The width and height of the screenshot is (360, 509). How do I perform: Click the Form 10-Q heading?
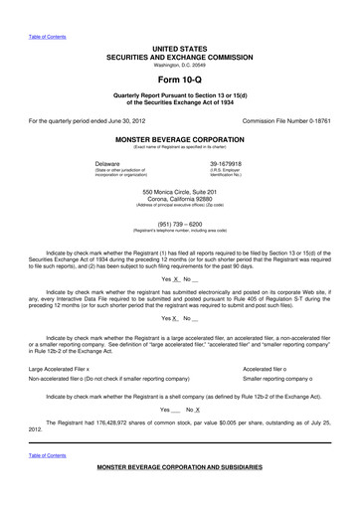[x=179, y=79]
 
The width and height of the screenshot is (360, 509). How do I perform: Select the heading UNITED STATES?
[x=179, y=48]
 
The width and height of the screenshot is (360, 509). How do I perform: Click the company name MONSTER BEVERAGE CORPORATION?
[x=179, y=140]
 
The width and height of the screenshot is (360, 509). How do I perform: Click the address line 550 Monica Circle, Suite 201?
[x=179, y=191]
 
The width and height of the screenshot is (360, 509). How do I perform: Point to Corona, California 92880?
[x=179, y=199]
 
